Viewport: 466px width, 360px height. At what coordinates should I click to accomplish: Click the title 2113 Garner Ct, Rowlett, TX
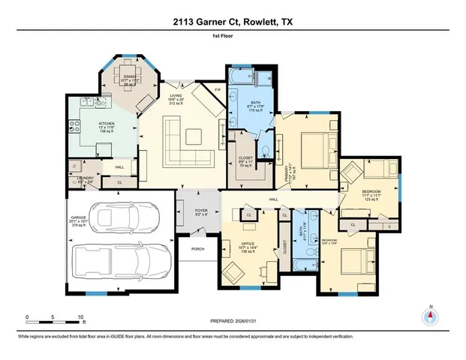233,22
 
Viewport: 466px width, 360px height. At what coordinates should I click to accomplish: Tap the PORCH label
197,249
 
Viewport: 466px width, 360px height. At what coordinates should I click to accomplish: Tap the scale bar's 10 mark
80,317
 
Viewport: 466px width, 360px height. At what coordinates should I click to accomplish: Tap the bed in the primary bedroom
310,142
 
